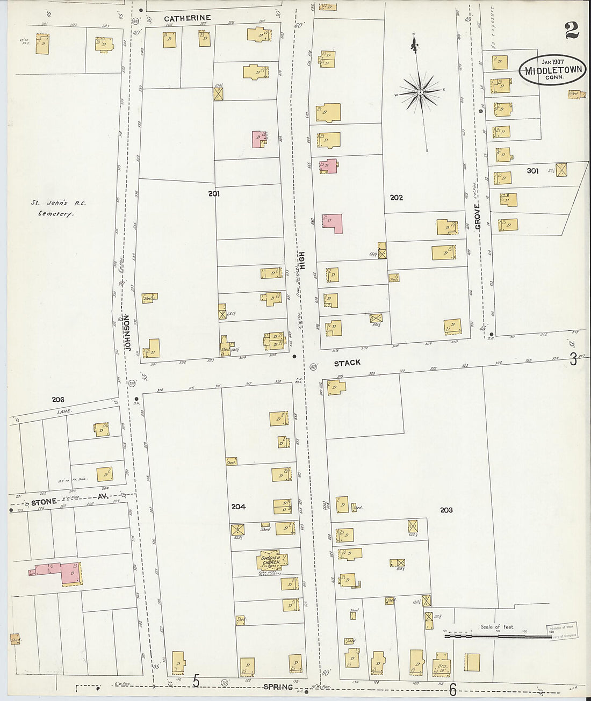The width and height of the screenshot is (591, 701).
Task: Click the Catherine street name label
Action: point(187,18)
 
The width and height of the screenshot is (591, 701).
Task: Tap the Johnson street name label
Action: point(127,333)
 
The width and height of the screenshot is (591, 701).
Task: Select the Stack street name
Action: point(347,363)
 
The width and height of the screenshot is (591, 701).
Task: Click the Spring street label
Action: point(278,687)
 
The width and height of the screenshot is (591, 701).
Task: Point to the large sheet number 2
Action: point(572,31)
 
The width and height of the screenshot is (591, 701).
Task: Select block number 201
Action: point(214,193)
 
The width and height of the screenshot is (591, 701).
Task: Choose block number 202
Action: point(397,198)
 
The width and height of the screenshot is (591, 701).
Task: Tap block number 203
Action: point(446,510)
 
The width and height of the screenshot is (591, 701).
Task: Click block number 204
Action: point(238,507)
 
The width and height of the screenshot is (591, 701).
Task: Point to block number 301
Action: point(532,171)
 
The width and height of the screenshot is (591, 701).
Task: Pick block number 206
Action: point(57,400)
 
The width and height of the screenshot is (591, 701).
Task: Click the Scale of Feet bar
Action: point(497,636)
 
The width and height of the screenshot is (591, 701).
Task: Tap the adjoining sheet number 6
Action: point(453,688)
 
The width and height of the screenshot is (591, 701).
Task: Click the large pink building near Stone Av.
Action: point(69,573)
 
